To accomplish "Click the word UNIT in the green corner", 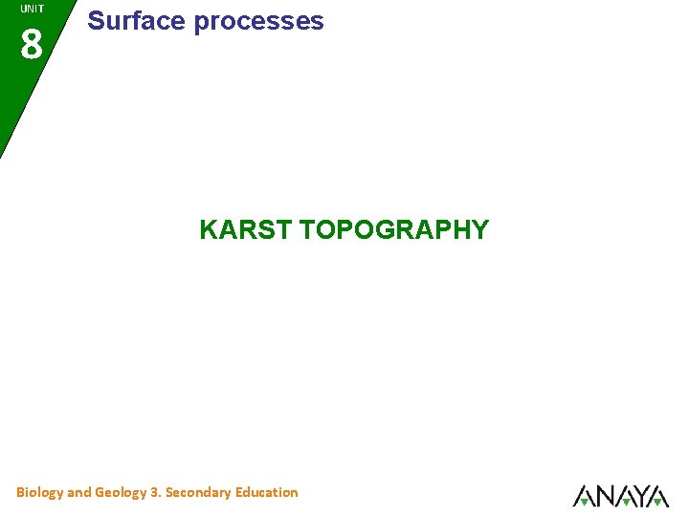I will [32, 9].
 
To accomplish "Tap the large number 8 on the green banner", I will [32, 44].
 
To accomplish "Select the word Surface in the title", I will [137, 21].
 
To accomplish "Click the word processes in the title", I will [259, 22].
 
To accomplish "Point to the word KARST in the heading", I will [246, 230].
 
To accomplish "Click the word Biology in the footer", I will [39, 493].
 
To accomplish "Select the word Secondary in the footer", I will [198, 492].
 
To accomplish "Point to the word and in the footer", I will [79, 492].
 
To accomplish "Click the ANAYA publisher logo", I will [621, 496].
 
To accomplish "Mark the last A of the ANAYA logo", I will [657, 496].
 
